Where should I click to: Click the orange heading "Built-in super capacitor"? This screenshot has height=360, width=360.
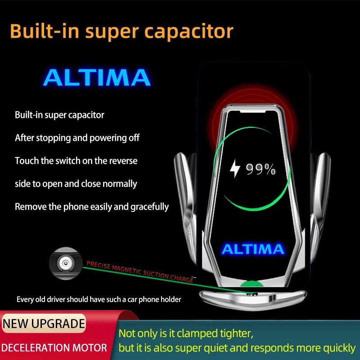(x=121, y=31)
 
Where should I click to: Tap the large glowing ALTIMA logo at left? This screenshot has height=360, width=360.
(x=97, y=78)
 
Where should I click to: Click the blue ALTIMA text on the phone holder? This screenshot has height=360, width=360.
(x=253, y=249)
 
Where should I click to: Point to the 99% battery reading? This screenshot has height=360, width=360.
(x=261, y=169)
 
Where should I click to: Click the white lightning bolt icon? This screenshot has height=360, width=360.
(x=235, y=169)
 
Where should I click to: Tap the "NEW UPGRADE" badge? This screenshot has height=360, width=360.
(x=44, y=323)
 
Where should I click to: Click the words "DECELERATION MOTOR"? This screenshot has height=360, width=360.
(x=54, y=347)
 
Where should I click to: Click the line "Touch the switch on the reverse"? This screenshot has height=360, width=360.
(x=76, y=161)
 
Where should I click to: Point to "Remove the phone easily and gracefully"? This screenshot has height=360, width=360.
(x=92, y=207)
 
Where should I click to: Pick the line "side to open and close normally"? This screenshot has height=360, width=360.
(x=76, y=184)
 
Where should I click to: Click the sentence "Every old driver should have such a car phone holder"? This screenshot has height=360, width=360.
(x=99, y=299)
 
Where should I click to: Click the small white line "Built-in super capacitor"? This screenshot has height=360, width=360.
(x=59, y=115)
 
